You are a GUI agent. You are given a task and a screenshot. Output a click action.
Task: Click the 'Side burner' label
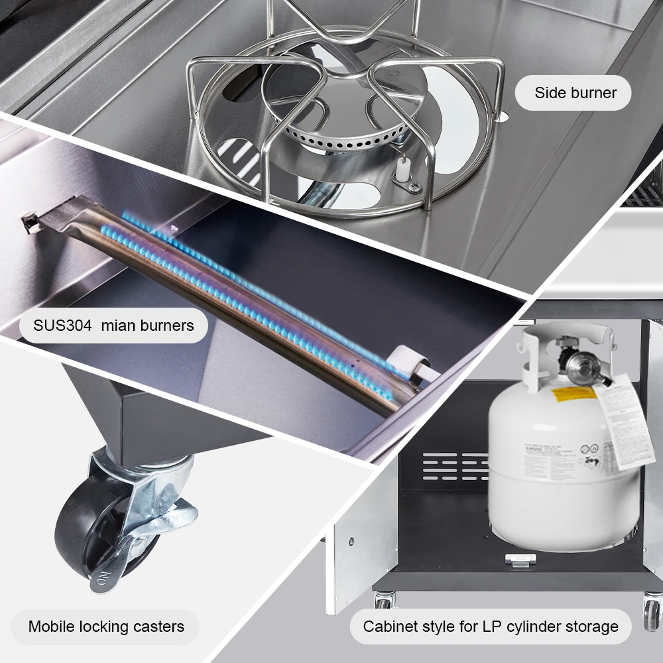tap(575, 93)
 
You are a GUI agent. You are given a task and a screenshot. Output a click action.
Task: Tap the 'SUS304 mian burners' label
tap(113, 326)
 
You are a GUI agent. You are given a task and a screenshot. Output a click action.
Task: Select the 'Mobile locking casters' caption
tap(106, 627)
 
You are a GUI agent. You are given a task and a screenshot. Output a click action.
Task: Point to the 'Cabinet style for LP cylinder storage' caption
tap(490, 627)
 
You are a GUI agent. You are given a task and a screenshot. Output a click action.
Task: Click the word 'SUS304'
tap(63, 326)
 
